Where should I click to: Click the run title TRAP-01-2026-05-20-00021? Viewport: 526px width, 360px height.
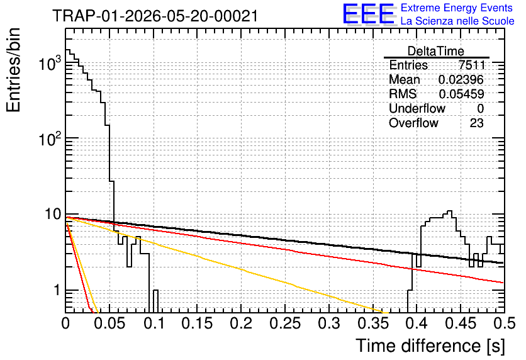click(x=155, y=16)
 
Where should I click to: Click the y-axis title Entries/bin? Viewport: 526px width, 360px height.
click(x=13, y=70)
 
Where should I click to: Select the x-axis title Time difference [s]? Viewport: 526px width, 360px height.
click(x=430, y=346)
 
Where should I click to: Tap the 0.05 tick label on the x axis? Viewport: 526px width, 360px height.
click(x=109, y=323)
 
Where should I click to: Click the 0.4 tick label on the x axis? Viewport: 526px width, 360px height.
click(x=417, y=323)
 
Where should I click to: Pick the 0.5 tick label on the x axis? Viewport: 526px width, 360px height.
click(x=505, y=323)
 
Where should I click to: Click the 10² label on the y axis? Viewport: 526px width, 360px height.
click(x=50, y=138)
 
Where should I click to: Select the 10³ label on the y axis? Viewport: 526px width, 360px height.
click(x=50, y=63)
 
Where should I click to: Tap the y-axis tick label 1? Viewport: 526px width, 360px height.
click(x=57, y=290)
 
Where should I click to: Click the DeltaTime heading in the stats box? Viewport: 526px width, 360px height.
click(x=436, y=51)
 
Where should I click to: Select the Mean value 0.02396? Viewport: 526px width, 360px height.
click(x=461, y=79)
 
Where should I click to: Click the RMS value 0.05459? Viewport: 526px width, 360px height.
click(x=462, y=94)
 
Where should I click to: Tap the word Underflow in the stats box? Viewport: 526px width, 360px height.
click(x=417, y=108)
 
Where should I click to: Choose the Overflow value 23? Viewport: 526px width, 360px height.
click(x=477, y=123)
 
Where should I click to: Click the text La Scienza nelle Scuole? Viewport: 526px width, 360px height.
click(x=457, y=21)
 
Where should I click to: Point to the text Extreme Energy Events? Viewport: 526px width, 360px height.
click(x=457, y=8)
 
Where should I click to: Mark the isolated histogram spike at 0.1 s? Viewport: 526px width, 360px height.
click(x=155, y=301)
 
